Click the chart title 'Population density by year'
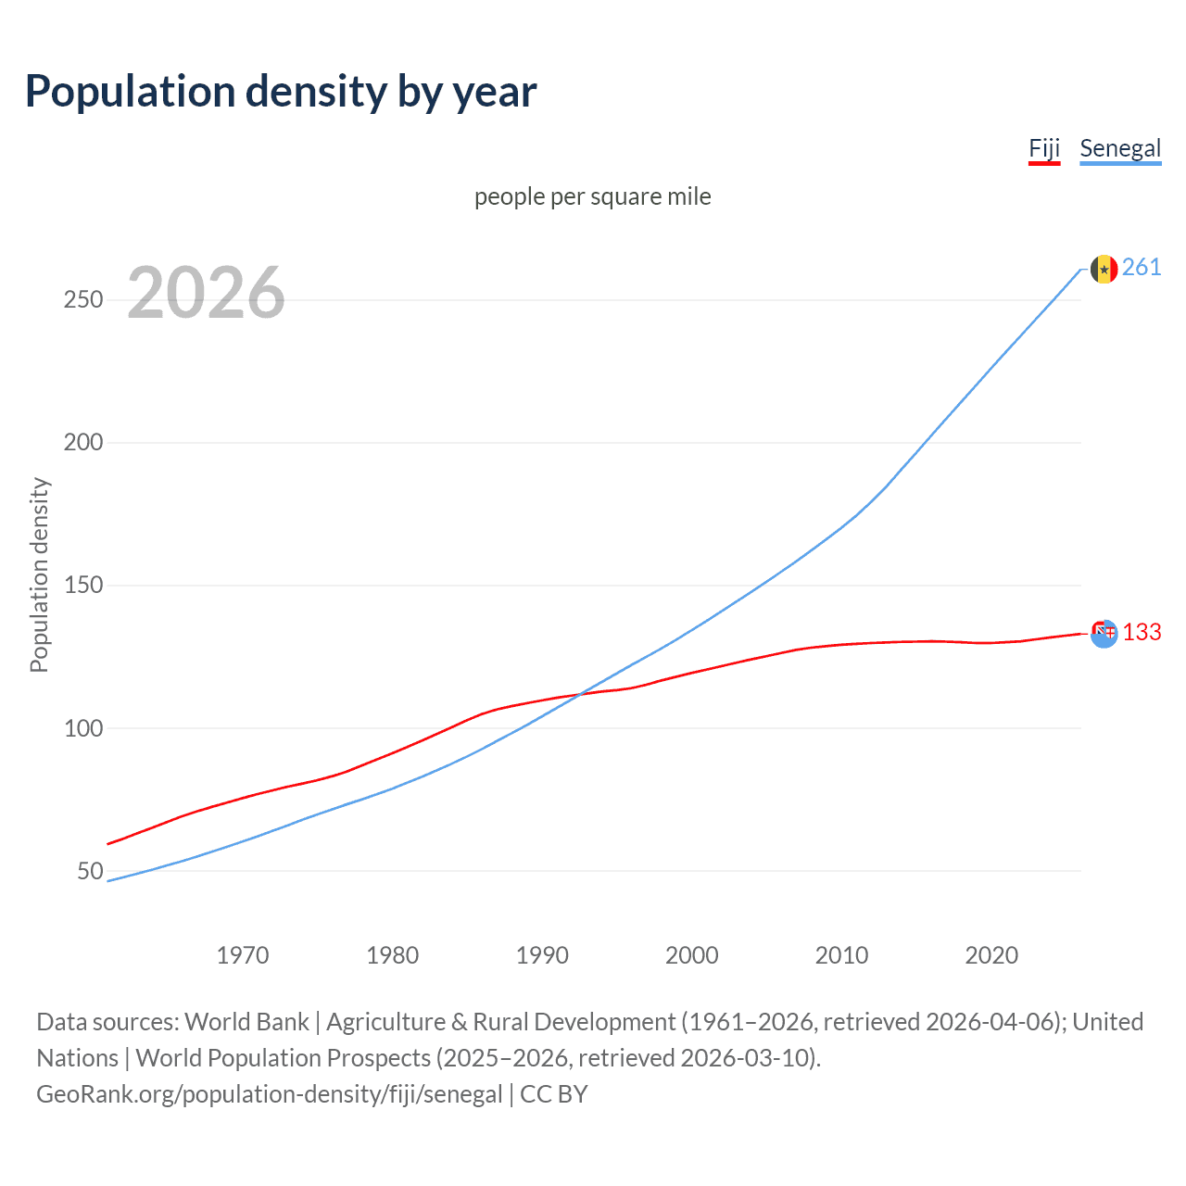point(281,92)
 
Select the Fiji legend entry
point(1044,149)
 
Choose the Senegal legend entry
point(1120,149)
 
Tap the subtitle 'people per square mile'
point(593,196)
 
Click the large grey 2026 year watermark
point(206,293)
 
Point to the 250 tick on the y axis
point(83,300)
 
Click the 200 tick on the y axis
point(83,443)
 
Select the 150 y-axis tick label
point(83,586)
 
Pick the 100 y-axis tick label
point(83,728)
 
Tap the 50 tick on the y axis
point(90,871)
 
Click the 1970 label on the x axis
point(243,955)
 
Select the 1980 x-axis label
point(393,955)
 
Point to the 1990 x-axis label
point(542,955)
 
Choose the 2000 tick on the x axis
point(692,955)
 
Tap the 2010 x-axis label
point(841,955)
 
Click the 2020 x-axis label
point(991,955)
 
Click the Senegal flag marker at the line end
point(1104,269)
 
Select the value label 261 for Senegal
point(1142,268)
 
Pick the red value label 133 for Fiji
point(1142,632)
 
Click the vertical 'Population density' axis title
point(39,574)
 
